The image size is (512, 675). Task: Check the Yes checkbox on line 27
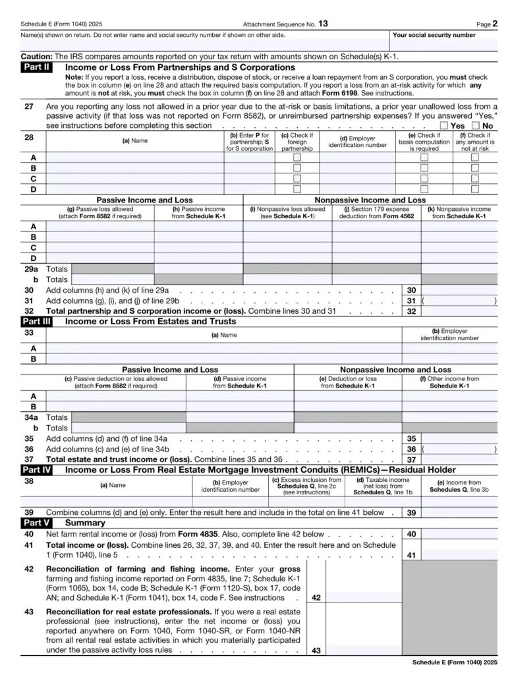[443, 125]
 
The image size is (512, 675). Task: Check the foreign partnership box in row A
[297, 158]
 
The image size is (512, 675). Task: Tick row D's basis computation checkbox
[424, 189]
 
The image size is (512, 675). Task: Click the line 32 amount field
[459, 311]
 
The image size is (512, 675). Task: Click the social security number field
[444, 45]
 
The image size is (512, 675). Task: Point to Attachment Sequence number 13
[322, 24]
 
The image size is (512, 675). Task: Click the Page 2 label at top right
[487, 24]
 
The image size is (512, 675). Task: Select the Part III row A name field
[223, 348]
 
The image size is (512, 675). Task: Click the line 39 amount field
[459, 512]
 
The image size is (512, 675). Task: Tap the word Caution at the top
[36, 57]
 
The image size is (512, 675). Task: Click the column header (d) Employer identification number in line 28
[357, 142]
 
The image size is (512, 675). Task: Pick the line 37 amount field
[459, 459]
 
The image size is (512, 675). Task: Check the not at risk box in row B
[475, 168]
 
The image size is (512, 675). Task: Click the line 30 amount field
[459, 290]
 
